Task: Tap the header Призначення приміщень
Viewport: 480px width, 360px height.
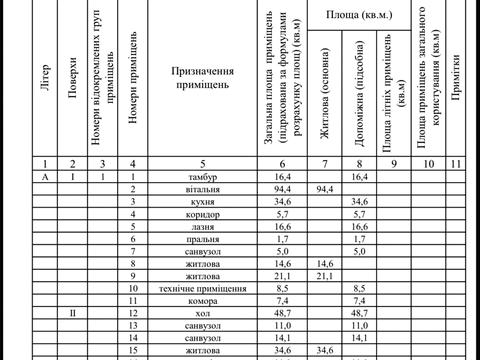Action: click(x=202, y=79)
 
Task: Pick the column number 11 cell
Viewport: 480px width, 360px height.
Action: click(x=457, y=162)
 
